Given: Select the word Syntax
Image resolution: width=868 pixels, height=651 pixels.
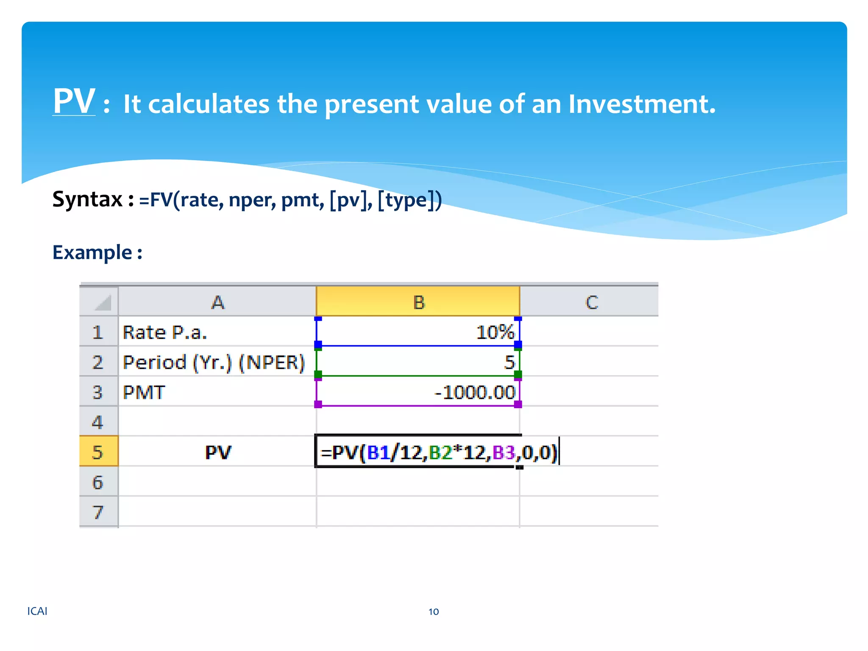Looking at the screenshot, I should pos(87,199).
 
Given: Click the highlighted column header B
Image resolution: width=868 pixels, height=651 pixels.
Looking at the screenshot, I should pos(418,302).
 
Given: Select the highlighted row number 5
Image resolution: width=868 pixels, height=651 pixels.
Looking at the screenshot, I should pos(98,452).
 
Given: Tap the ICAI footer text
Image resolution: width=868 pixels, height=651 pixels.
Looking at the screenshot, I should pos(37,611).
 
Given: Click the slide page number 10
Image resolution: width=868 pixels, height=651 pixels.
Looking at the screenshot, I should pos(433,612).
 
